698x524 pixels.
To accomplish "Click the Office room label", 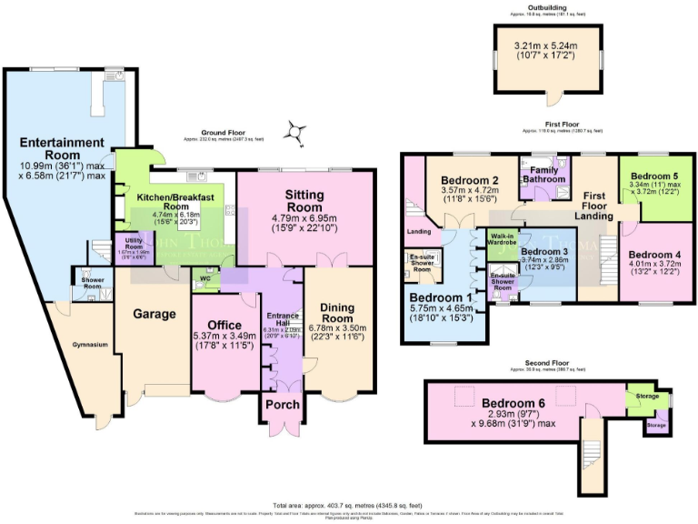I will pyautogui.click(x=224, y=325).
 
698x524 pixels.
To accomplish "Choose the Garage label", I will pyautogui.click(x=153, y=314).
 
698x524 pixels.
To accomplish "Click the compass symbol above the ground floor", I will pyautogui.click(x=294, y=134).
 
